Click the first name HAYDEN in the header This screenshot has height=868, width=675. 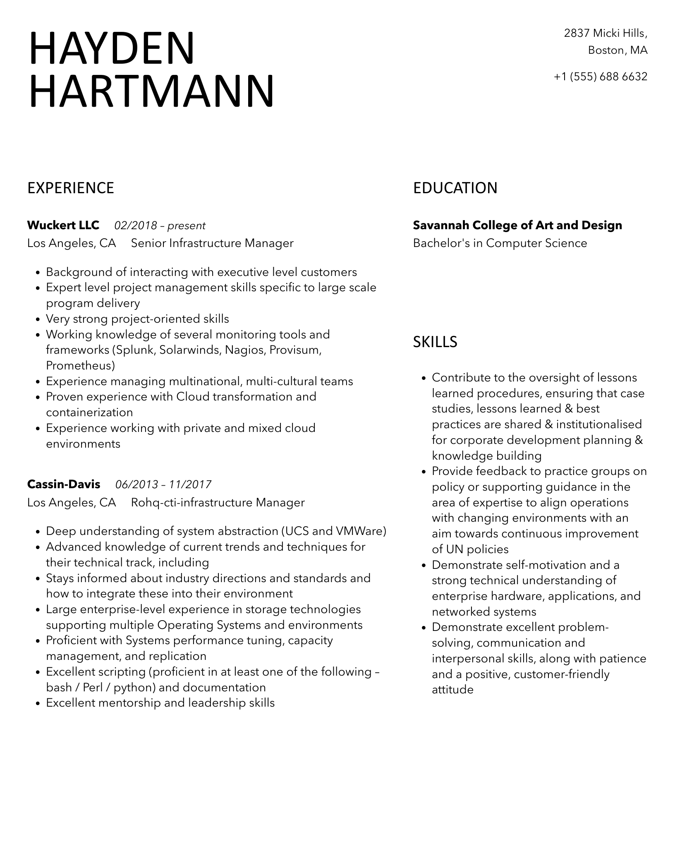click(112, 48)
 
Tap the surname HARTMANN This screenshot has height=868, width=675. click(152, 91)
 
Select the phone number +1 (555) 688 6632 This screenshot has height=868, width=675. click(600, 77)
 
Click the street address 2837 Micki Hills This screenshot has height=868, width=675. click(606, 33)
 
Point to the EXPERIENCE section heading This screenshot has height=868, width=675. click(71, 188)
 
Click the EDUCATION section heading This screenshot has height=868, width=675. click(455, 188)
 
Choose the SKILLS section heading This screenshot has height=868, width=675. click(435, 342)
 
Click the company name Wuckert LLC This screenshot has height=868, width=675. click(63, 225)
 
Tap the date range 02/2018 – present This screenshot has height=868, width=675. click(160, 225)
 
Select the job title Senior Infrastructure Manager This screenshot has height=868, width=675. click(212, 243)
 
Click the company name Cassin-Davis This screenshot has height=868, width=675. click(64, 484)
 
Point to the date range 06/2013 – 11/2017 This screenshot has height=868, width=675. click(163, 484)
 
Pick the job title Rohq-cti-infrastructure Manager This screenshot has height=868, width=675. click(218, 502)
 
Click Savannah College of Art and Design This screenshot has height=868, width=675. click(517, 225)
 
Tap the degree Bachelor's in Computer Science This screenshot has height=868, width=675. click(500, 243)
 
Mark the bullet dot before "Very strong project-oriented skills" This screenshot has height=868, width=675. click(38, 319)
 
